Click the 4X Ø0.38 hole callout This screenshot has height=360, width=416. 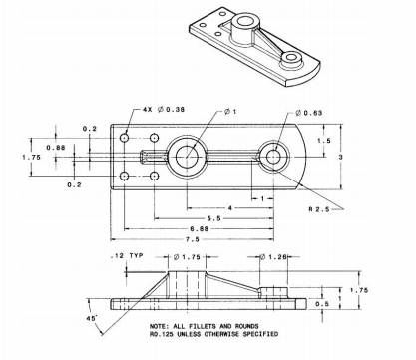click(x=164, y=109)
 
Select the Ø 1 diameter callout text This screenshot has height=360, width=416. click(x=230, y=111)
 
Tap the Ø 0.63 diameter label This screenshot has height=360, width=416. click(x=309, y=113)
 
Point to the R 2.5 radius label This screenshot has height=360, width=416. click(x=319, y=209)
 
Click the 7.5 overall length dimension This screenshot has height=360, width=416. click(x=192, y=239)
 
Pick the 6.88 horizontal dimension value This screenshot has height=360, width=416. click(x=199, y=229)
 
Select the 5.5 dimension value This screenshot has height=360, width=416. click(x=213, y=218)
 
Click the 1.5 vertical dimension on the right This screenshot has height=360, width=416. click(x=324, y=141)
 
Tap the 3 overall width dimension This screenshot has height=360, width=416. click(x=340, y=157)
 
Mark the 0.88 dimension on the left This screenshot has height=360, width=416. click(x=56, y=148)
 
